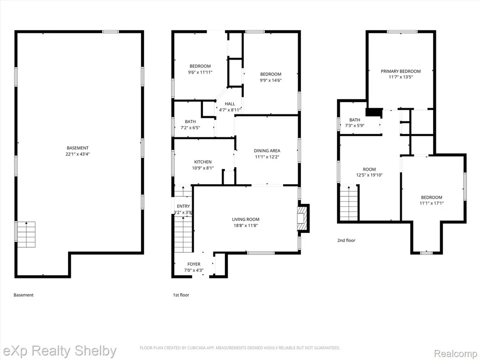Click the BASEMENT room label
click(x=78, y=148)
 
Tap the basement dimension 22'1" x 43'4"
click(x=78, y=154)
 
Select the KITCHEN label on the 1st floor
click(x=202, y=162)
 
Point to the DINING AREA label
click(x=267, y=150)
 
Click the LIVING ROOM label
click(x=246, y=219)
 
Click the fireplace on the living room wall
click(x=303, y=218)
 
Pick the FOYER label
click(x=194, y=264)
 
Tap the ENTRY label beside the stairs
click(x=183, y=206)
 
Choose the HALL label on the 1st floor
click(x=230, y=104)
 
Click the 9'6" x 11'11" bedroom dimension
click(x=200, y=72)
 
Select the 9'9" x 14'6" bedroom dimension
click(x=270, y=80)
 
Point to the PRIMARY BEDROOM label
click(x=401, y=71)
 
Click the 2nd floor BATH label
click(x=355, y=120)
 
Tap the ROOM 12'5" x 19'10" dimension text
click(x=369, y=175)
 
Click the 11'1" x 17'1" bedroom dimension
click(x=432, y=203)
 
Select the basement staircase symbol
click(x=26, y=234)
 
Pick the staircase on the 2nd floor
click(x=349, y=202)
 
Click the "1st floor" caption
click(x=181, y=295)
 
